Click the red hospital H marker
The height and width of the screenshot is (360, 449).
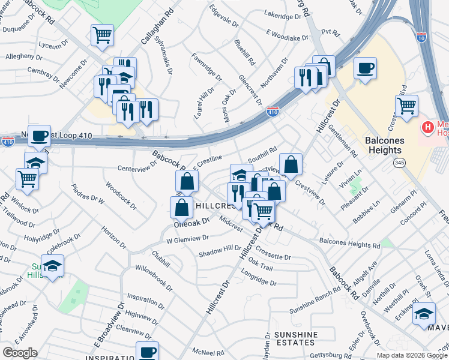[428, 127]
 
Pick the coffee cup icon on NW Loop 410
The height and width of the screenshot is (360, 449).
[40, 136]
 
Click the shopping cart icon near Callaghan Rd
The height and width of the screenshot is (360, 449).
[102, 34]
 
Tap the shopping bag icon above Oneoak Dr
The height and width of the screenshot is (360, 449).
[181, 207]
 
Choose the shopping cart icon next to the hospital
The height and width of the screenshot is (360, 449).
[407, 106]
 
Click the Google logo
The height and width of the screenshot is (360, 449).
[20, 353]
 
